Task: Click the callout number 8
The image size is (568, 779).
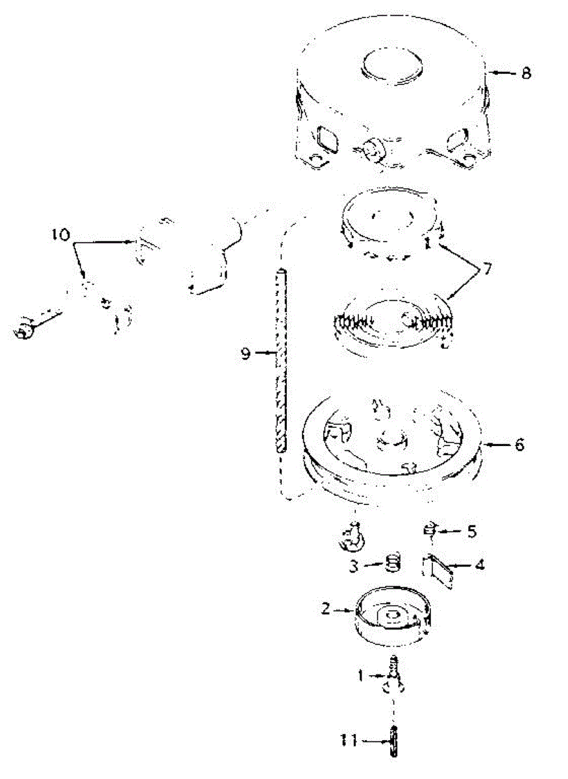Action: coord(525,73)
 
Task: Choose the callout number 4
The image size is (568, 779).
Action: coord(479,565)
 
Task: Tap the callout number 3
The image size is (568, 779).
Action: coord(354,566)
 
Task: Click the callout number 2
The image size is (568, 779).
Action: coord(327,610)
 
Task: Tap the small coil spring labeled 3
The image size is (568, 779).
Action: coord(391,562)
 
